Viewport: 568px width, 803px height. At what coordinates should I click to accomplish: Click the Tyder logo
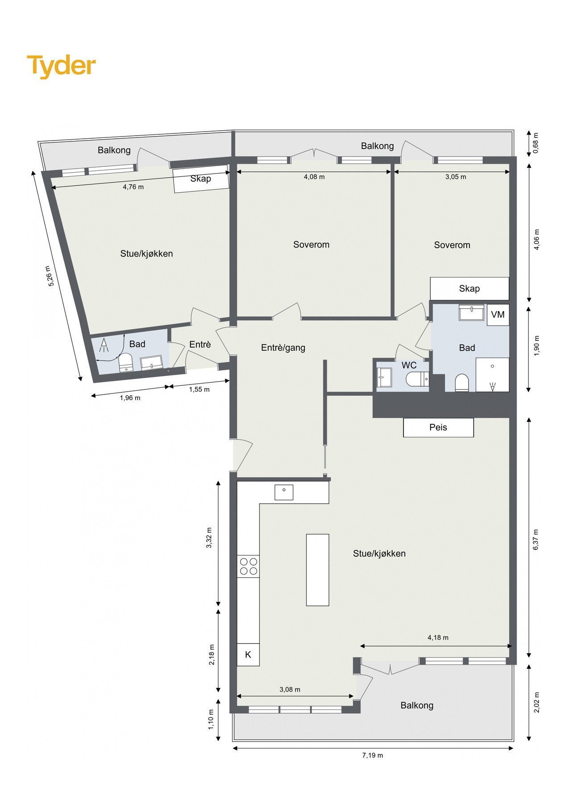coord(61,66)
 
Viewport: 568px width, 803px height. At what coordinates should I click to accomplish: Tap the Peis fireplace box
coord(438,427)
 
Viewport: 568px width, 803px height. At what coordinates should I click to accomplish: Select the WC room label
coord(409,365)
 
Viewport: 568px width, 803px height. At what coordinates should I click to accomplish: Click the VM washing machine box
coord(498,315)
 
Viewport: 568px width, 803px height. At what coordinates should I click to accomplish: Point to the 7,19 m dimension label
coord(372,755)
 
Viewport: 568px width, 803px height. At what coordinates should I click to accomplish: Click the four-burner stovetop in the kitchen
coord(248,566)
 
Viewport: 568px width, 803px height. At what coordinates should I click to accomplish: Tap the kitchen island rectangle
coord(317,570)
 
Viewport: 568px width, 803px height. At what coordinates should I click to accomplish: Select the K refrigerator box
coord(248,654)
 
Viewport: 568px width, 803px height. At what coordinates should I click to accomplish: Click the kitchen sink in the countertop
coord(284,492)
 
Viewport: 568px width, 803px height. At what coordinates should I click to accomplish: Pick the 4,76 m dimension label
coord(133,187)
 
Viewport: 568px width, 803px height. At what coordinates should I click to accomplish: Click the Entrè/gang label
coord(283,348)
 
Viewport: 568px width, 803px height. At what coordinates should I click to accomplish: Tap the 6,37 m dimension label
coord(536,539)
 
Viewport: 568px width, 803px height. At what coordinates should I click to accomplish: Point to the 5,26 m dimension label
coord(51,276)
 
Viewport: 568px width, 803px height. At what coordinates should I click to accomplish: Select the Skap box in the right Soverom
coord(469,289)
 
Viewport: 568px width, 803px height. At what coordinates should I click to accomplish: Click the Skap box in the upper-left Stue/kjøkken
coord(201,179)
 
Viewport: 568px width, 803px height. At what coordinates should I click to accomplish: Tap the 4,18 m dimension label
coord(438,637)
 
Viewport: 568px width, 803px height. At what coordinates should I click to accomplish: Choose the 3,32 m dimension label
coord(209,537)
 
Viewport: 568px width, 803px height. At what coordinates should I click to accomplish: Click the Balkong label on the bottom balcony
coord(417,705)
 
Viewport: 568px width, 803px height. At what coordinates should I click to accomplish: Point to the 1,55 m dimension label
coord(199,389)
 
